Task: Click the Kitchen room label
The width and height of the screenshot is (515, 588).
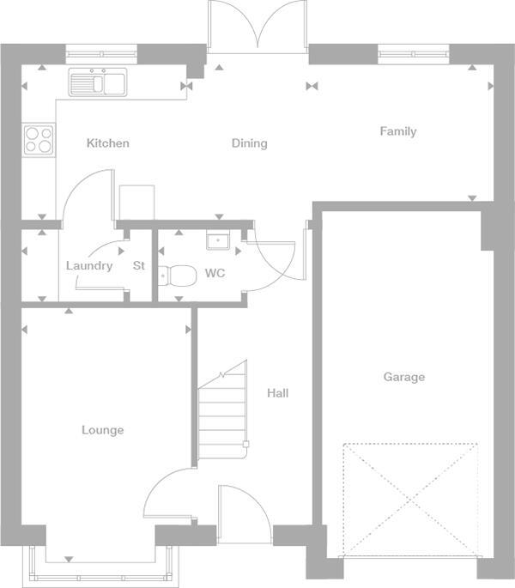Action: pos(108,143)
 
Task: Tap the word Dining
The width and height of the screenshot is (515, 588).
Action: pos(249,143)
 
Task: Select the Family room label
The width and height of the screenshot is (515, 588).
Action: pos(398,131)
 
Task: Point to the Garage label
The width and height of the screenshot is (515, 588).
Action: pos(403,377)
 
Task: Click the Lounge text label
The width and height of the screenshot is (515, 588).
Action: pos(102,430)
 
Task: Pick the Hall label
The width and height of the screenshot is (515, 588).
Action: pos(277,393)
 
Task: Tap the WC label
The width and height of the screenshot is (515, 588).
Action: pos(215,275)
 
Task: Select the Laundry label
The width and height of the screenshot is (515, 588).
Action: pos(89,266)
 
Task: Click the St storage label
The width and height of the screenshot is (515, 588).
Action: pos(139,266)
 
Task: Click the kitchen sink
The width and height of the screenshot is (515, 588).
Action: pos(98,82)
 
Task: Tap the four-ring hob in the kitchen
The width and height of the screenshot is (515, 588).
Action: pos(39,140)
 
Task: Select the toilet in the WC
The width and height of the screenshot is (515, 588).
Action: pos(179,276)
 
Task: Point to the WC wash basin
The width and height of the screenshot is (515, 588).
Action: pos(215,240)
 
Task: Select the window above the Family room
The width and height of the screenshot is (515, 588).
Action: pos(414,55)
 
